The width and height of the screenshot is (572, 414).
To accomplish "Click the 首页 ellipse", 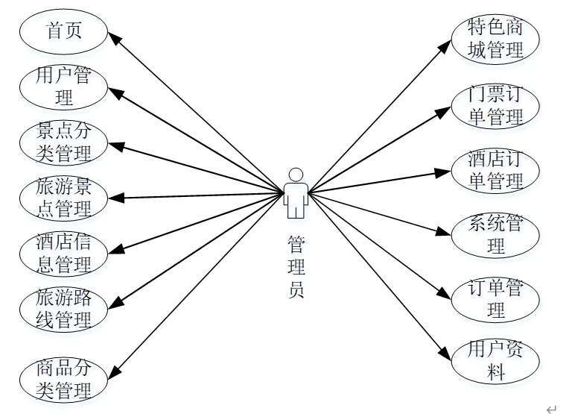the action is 64,31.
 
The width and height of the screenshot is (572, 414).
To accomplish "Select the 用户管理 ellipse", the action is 64,87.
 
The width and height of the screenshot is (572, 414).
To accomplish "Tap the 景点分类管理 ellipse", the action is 64,142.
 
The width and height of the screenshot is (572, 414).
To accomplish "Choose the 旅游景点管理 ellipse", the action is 64,198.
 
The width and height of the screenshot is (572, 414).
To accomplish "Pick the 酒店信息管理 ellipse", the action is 64,254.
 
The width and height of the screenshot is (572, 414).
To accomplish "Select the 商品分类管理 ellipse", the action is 64,379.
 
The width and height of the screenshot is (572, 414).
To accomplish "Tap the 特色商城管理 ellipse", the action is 496,38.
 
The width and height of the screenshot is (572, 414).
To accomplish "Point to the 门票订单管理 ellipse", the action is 496,105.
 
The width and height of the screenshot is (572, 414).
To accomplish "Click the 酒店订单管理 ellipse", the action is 496,169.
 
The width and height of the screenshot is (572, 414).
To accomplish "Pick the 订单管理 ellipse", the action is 496,298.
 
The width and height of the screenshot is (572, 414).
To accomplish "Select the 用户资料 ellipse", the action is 496,361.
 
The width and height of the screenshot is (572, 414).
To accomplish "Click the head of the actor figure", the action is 296,175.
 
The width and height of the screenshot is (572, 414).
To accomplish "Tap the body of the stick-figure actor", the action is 296,200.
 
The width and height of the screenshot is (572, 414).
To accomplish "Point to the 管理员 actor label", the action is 296,266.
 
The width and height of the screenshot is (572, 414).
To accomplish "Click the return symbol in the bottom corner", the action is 551,408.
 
